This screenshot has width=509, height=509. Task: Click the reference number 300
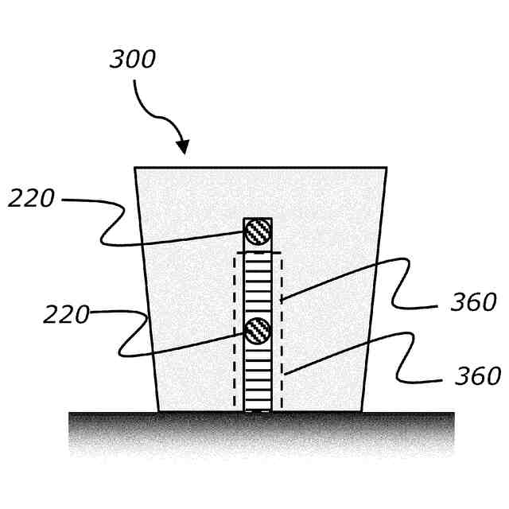[x=132, y=60]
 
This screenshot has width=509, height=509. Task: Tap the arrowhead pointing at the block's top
[x=183, y=148]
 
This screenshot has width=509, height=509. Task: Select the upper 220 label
[x=32, y=198]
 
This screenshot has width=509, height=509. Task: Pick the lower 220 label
[x=66, y=315]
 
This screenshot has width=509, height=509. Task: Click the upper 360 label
[x=473, y=302]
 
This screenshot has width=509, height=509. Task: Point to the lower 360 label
[x=477, y=375]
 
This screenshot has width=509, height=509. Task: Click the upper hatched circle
[x=258, y=231]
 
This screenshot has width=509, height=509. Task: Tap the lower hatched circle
[x=258, y=329]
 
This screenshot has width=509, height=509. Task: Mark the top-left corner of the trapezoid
[x=135, y=168]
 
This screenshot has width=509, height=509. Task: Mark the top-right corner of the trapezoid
[x=387, y=168]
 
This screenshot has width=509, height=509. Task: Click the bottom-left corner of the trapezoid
[x=159, y=411]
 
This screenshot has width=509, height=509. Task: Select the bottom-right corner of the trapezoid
[x=364, y=411]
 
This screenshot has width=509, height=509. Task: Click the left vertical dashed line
[x=234, y=334]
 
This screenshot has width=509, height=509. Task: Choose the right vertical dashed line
[x=282, y=334]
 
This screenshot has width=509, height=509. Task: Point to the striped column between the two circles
[x=258, y=282]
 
